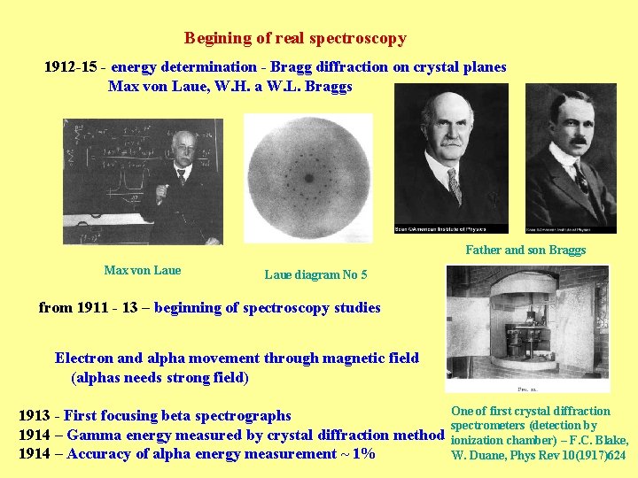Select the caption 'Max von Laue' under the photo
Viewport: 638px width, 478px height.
142,270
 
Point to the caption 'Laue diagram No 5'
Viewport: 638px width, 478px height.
315,274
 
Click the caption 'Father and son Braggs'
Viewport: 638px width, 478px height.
525,250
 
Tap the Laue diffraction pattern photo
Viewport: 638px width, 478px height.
308,178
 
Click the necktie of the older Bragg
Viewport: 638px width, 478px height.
454,184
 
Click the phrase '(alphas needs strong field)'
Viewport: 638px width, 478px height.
159,378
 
